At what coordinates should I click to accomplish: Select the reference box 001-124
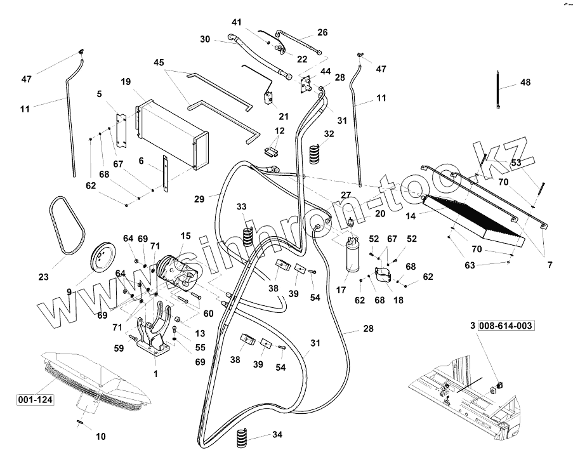coord(36,399)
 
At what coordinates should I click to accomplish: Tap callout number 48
coord(525,83)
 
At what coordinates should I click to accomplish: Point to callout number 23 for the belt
coord(44,277)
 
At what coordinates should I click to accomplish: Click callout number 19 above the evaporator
coord(126,82)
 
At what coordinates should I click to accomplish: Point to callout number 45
coord(159,62)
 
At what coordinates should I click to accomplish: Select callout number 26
coord(322,32)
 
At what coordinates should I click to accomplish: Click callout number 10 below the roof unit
coord(101,437)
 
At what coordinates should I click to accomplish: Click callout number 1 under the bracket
coord(155,375)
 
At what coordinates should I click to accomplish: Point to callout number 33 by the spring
coord(241,207)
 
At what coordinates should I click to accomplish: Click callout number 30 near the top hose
coord(205,39)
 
